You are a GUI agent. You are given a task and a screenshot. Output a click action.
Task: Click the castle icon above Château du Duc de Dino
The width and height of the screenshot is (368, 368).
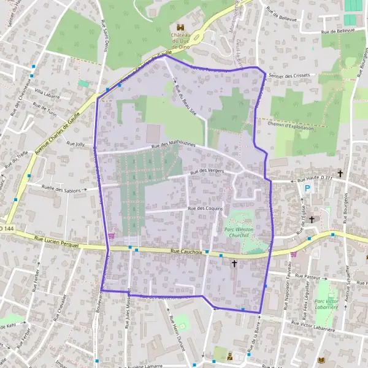[x=180, y=27]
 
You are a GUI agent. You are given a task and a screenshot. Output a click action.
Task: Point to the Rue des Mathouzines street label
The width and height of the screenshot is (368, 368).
[x=173, y=145]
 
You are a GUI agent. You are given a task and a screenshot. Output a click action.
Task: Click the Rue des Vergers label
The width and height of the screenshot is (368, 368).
[x=206, y=172]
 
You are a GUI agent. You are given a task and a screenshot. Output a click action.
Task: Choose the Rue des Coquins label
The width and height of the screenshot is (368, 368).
[x=204, y=209]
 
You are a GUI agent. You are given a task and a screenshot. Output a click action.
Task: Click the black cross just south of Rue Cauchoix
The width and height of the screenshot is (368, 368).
[x=234, y=263]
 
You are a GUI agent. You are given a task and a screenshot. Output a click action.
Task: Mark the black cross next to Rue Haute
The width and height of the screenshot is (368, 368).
[x=340, y=174]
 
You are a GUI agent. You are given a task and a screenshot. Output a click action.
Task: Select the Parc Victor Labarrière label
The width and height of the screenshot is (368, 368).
[x=328, y=304]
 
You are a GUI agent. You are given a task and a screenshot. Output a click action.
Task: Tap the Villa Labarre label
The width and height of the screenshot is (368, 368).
[x=47, y=92]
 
